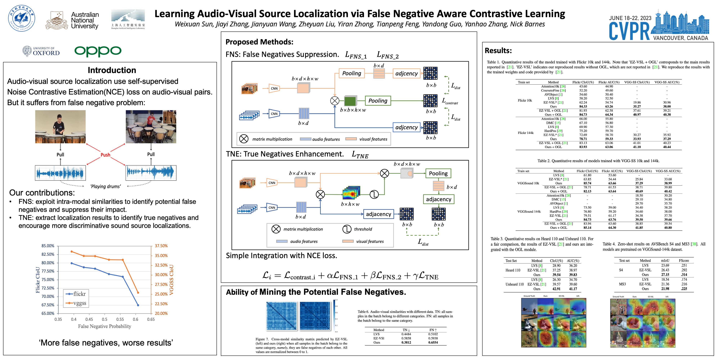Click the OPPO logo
click(98, 51)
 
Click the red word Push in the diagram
click(105, 155)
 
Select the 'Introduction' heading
click(112, 70)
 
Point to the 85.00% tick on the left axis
click(48, 246)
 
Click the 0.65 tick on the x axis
click(151, 319)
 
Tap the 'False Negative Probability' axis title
click(105, 326)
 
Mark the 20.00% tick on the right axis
click(161, 313)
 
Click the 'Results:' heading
click(498, 51)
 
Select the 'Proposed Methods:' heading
click(259, 42)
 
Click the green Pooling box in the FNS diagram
click(378, 101)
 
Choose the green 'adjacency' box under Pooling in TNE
click(438, 199)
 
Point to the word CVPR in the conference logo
click(629, 31)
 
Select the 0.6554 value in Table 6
click(433, 342)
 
